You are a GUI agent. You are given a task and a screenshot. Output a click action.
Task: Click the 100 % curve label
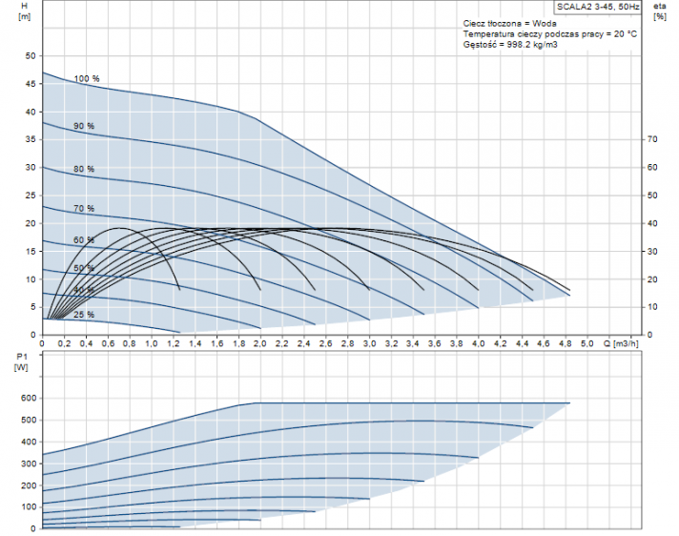[x=87, y=78]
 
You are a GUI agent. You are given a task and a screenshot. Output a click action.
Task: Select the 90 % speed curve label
[x=84, y=126]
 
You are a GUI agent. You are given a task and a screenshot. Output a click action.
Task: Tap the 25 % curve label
[x=84, y=315]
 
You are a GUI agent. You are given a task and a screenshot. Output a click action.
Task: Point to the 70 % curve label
[x=84, y=208]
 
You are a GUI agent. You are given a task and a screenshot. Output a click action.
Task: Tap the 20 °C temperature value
[x=624, y=33]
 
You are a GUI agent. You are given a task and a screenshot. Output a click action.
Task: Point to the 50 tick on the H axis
[x=30, y=56]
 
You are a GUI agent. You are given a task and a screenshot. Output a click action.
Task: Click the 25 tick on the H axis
[x=30, y=196]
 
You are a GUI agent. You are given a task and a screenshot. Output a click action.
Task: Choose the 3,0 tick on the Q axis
[x=369, y=343]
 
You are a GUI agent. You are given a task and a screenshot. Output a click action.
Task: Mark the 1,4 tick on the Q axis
[x=195, y=343]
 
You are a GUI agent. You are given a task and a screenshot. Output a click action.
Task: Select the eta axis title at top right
[x=659, y=6]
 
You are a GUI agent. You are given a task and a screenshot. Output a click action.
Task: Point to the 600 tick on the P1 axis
[x=28, y=398]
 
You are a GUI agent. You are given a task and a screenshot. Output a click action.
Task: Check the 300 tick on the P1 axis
[x=28, y=464]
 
